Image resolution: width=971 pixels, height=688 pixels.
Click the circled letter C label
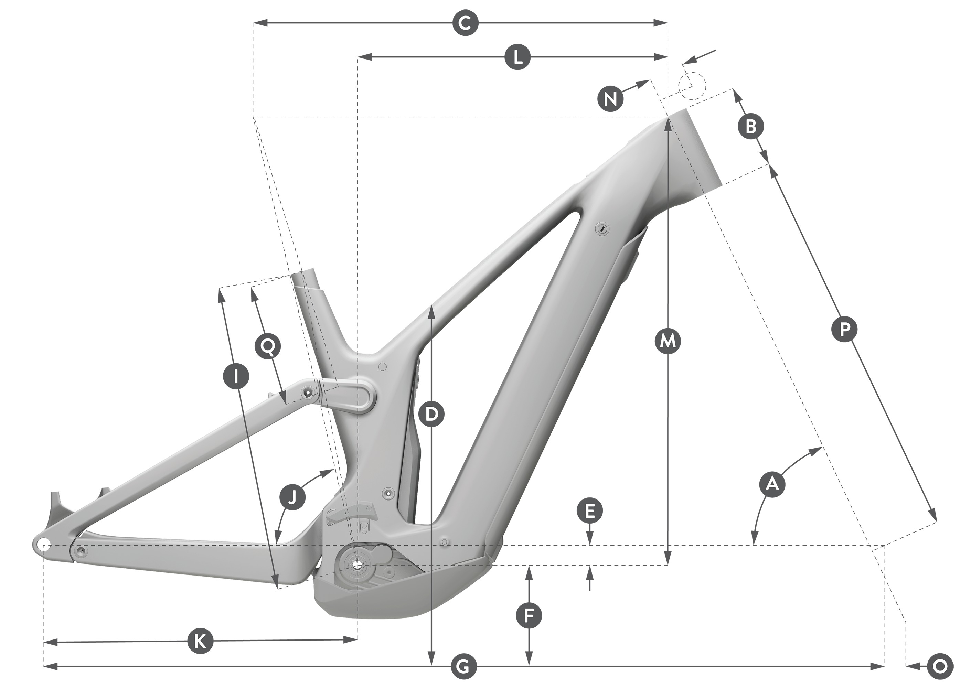pyautogui.click(x=465, y=23)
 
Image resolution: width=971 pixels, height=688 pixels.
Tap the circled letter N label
pyautogui.click(x=610, y=99)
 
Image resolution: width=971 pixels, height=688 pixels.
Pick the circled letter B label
pyautogui.click(x=751, y=126)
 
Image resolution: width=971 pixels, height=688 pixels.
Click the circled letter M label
pyautogui.click(x=667, y=341)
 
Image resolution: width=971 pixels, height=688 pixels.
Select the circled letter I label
pyautogui.click(x=236, y=375)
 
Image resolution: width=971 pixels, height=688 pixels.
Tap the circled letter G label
pyautogui.click(x=464, y=667)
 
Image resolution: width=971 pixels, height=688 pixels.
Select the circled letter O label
pyautogui.click(x=940, y=667)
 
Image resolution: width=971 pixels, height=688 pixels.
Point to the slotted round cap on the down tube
pyautogui.click(x=601, y=229)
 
